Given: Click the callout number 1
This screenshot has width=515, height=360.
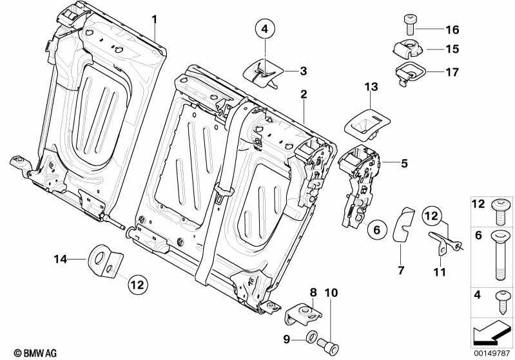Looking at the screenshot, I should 155,19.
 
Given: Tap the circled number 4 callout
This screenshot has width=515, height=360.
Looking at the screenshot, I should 265,29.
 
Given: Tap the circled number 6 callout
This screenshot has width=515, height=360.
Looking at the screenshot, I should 378,228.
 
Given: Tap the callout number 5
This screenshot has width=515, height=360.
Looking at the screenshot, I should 404,164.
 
